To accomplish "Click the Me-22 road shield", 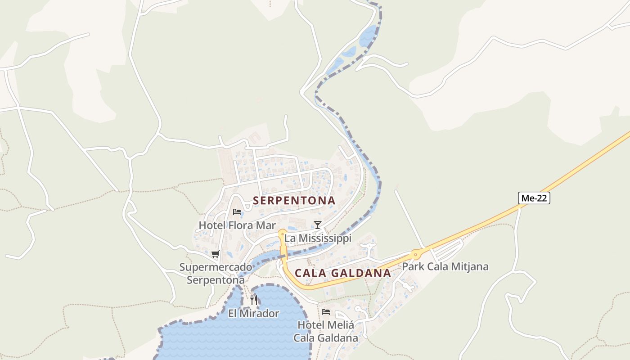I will point(534,198).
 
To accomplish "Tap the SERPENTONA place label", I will point(294,201).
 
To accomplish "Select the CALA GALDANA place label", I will point(343,273).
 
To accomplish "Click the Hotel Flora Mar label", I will point(237,225).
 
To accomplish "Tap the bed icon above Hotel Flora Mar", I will point(237,212).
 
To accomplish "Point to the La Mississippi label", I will point(318,238).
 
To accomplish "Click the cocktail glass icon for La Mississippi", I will point(318,225).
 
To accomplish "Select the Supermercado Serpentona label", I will point(216,274).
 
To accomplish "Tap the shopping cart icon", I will point(216,254).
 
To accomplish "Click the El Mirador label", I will point(254,314).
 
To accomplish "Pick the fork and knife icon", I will point(254,300).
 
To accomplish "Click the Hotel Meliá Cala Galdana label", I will point(326,331).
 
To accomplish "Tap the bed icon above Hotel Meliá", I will point(326,311).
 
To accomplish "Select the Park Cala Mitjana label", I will point(445,266).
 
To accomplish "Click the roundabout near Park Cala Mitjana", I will point(416,255).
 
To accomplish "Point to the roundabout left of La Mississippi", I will point(282,234).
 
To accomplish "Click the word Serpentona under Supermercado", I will point(216,280).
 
